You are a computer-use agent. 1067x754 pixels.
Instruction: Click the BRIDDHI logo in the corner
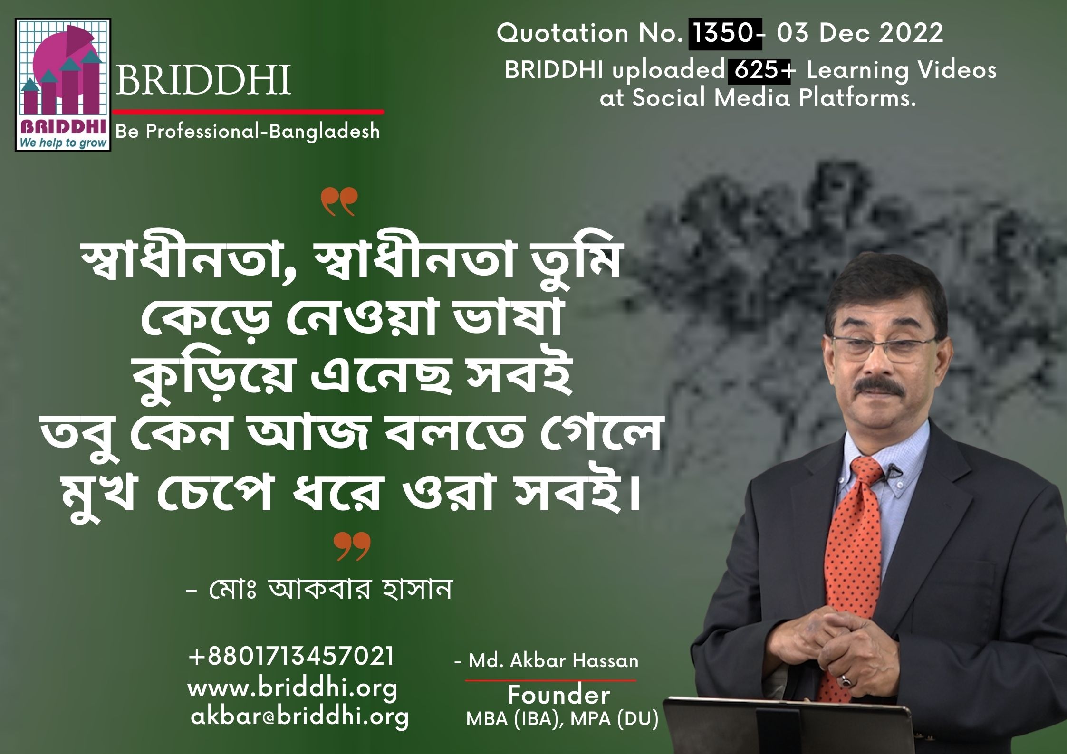(x=63, y=85)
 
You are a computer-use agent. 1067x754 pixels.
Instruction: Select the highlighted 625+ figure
(x=759, y=71)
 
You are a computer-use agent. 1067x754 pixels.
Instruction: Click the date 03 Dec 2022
(x=860, y=34)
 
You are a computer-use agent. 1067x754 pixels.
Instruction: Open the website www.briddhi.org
(x=293, y=689)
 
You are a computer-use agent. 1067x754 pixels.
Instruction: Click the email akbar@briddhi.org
(x=299, y=717)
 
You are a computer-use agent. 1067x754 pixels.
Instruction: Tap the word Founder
(x=559, y=696)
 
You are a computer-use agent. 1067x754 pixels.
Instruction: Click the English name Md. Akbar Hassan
(x=547, y=661)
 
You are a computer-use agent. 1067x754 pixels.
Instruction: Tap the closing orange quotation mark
(x=352, y=546)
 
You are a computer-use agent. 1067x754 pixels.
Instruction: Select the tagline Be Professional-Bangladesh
(x=248, y=132)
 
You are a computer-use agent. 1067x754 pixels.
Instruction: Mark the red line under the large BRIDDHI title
(x=248, y=112)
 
